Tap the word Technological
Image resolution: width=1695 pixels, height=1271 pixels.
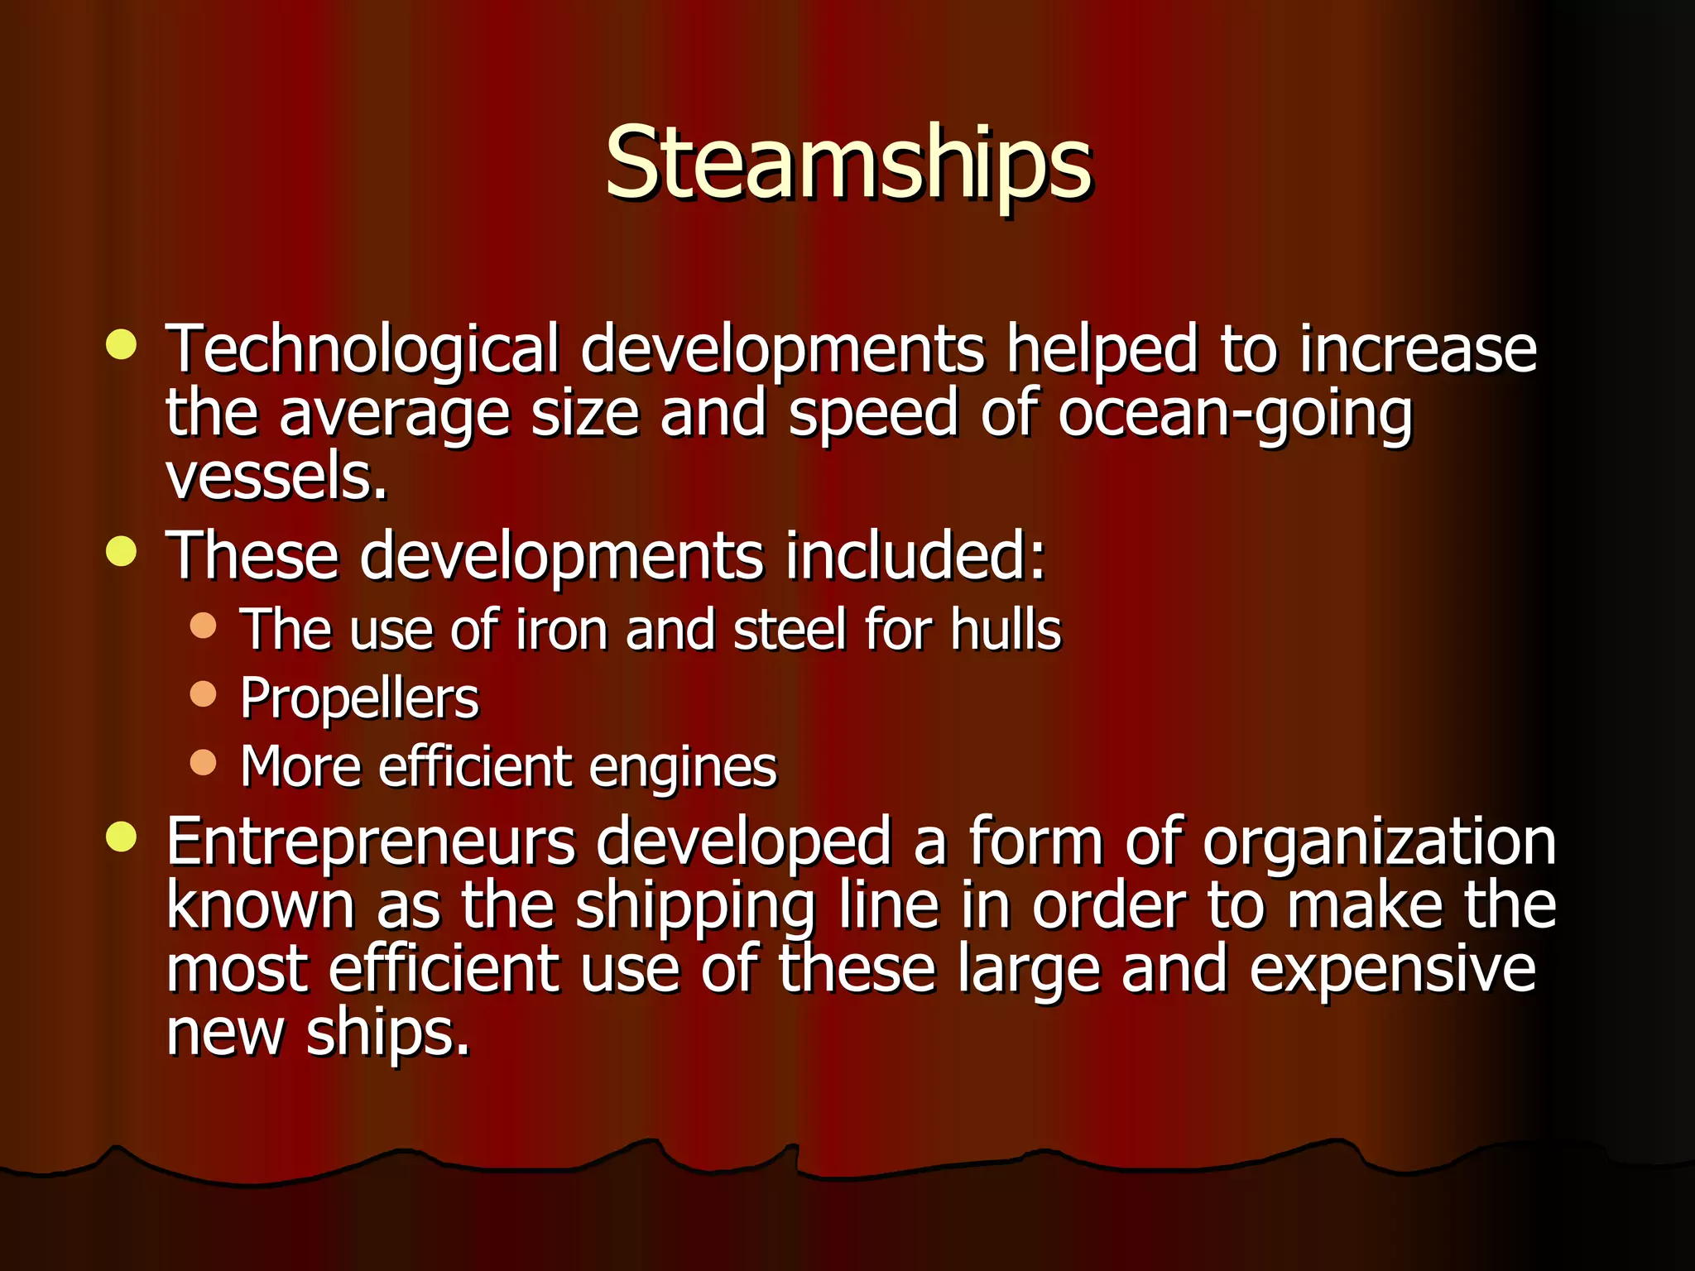[363, 350]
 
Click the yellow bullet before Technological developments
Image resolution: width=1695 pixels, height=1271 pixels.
[122, 344]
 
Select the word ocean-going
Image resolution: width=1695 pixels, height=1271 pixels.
[1235, 414]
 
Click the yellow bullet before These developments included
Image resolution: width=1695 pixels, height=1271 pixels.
[122, 550]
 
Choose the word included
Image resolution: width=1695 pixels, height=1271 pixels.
[915, 555]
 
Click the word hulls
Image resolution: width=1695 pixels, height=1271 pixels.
[1005, 630]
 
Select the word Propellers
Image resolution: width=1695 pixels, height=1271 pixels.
[359, 699]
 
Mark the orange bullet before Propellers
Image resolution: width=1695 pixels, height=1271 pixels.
[203, 693]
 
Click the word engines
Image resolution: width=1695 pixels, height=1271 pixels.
[683, 767]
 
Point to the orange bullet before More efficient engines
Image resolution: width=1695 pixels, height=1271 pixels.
[203, 761]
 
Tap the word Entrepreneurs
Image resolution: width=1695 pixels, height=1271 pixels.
[370, 842]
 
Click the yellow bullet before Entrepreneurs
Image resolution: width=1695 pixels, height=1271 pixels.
[122, 836]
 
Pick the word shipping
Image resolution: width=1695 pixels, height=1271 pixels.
[695, 907]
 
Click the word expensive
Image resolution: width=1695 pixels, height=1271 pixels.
[1392, 970]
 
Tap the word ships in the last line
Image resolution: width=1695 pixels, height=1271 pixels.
[387, 1034]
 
